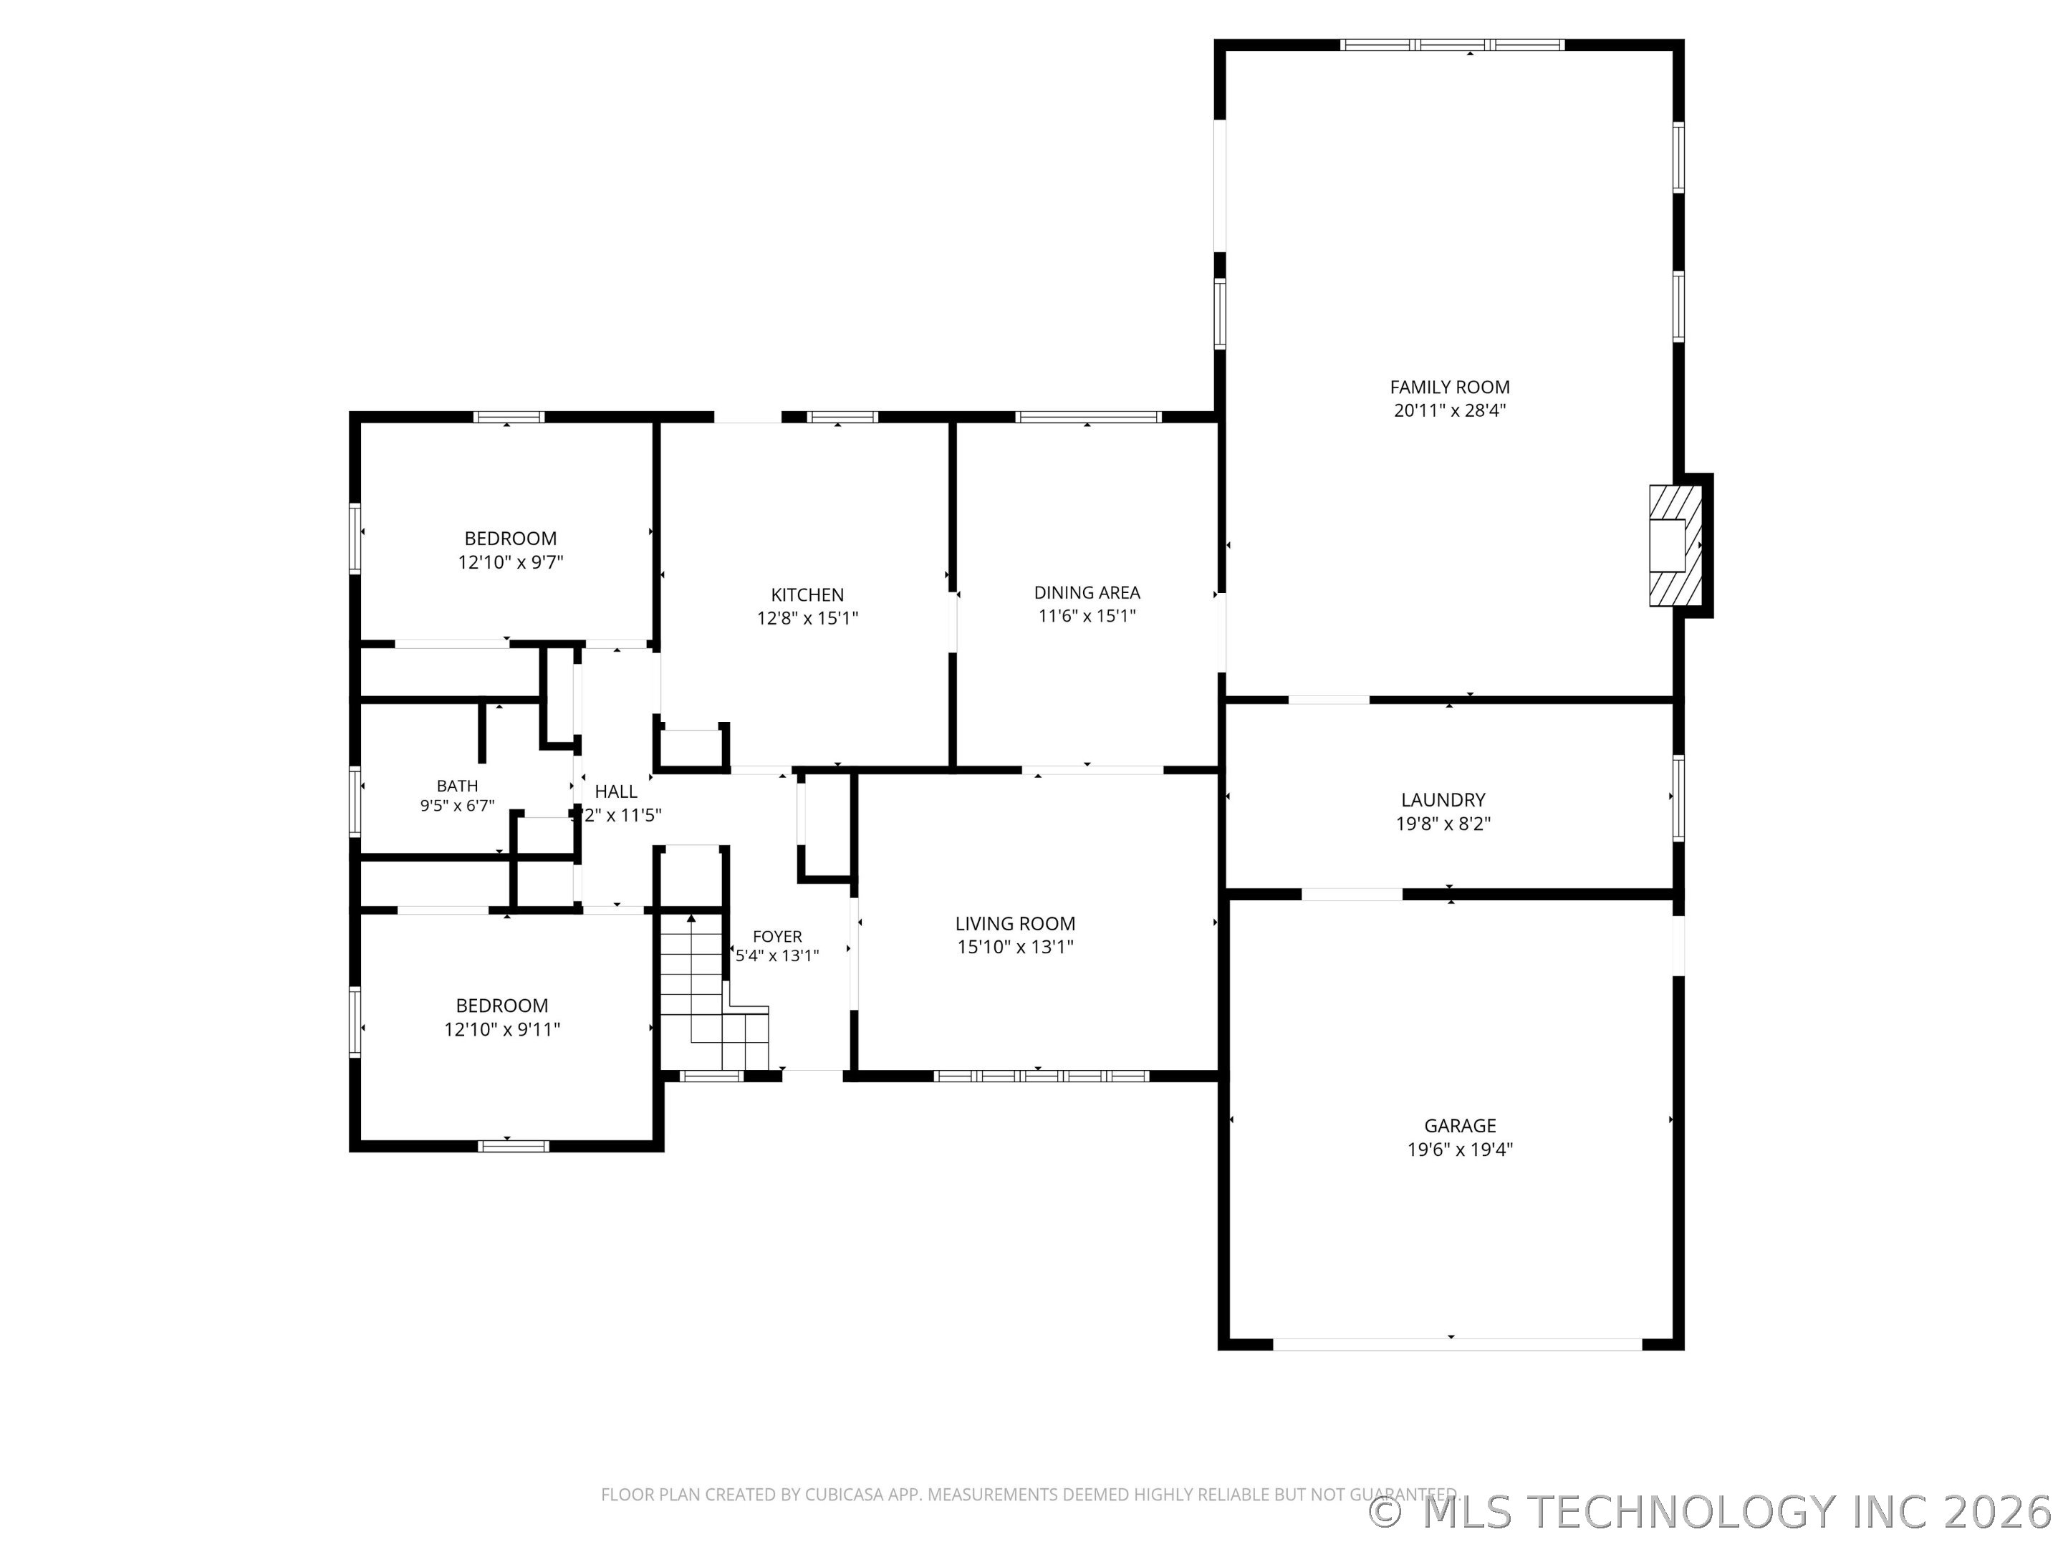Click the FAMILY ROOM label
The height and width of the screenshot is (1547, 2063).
point(1449,387)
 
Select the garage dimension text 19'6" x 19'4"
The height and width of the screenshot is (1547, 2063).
point(1460,1150)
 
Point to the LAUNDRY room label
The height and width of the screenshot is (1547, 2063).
point(1443,800)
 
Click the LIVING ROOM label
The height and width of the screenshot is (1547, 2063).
point(1015,923)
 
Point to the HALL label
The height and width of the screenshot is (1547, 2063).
point(615,791)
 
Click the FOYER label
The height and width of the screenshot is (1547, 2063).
point(777,936)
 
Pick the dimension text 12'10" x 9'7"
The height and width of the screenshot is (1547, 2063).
point(510,562)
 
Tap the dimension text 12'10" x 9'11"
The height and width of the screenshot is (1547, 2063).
point(501,1029)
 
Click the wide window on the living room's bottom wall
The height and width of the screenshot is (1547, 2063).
point(1041,1075)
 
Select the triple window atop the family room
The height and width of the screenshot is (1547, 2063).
point(1451,44)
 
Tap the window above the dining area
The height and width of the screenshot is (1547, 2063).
point(1087,417)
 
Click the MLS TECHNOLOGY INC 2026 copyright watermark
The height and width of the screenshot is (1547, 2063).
point(1712,1513)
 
